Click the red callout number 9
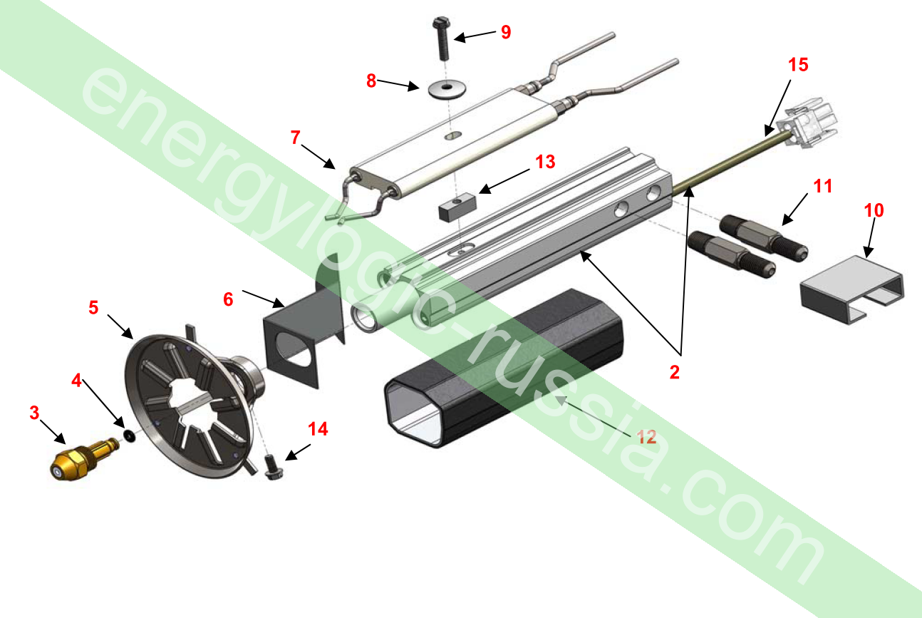[x=506, y=32]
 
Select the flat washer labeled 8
[x=447, y=89]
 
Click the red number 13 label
[x=545, y=162]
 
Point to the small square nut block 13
[x=457, y=207]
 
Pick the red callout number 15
[x=798, y=65]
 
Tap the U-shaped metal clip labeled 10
[x=852, y=289]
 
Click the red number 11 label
[x=823, y=186]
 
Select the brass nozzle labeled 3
[x=84, y=460]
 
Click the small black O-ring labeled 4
[x=130, y=436]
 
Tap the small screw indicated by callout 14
[x=271, y=467]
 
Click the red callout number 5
[x=93, y=307]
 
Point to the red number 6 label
[x=228, y=299]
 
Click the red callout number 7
[x=295, y=138]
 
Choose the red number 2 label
[x=674, y=372]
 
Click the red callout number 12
[x=646, y=437]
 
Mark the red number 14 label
[x=318, y=429]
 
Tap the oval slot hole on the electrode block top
[x=453, y=135]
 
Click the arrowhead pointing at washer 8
[x=413, y=86]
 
